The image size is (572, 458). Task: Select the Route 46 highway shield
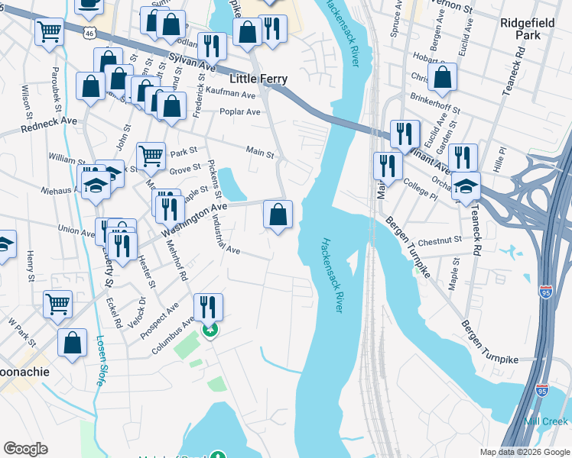click(90, 34)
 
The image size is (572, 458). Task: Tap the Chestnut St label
click(440, 239)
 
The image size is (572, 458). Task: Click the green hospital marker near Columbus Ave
click(210, 330)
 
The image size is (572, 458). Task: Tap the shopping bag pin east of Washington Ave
click(278, 214)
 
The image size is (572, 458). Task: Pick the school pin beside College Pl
click(466, 186)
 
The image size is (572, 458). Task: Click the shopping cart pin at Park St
click(151, 156)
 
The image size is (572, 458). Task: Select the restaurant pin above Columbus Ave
click(208, 307)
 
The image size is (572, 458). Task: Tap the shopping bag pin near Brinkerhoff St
click(442, 77)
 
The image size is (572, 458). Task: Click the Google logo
click(25, 448)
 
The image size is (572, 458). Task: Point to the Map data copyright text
click(524, 452)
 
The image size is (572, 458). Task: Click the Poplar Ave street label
click(242, 112)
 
